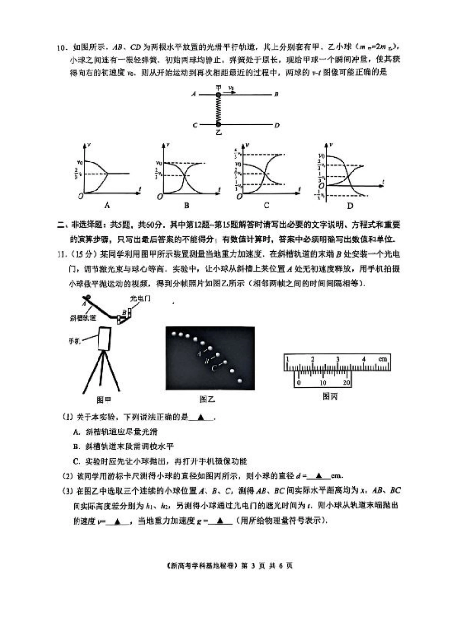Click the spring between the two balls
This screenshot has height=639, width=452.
click(218, 110)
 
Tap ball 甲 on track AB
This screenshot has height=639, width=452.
click(218, 95)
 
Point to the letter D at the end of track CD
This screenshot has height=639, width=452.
click(277, 125)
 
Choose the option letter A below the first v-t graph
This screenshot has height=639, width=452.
click(107, 206)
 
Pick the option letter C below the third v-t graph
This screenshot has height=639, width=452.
click(266, 206)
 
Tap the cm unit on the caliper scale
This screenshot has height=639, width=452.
click(383, 359)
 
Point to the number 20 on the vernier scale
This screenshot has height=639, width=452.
click(346, 383)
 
